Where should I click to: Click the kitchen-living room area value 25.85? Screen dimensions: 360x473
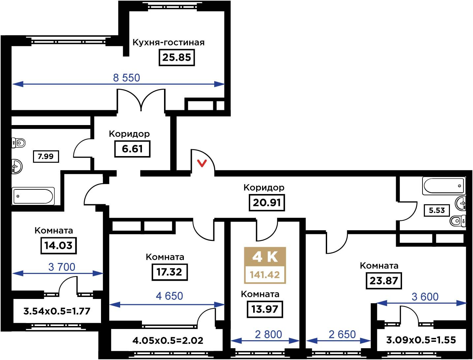click(x=177, y=57)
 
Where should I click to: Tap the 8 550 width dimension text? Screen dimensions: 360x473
click(x=126, y=78)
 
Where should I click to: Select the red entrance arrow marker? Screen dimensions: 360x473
click(x=202, y=163)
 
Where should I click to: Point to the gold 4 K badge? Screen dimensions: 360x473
click(x=265, y=256)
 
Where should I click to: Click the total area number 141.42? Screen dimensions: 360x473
click(x=265, y=275)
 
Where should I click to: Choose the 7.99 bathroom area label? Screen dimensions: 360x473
click(x=46, y=156)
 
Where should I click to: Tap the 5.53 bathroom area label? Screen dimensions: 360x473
click(x=437, y=210)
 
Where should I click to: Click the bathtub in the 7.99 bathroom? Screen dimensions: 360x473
click(x=33, y=196)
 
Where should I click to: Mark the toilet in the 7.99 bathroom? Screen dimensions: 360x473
click(x=19, y=143)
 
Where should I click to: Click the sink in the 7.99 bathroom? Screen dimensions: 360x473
click(x=17, y=167)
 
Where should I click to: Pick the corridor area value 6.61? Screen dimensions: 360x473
click(x=132, y=149)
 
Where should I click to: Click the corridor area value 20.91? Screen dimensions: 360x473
click(x=266, y=202)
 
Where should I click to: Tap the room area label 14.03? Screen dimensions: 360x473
click(x=58, y=245)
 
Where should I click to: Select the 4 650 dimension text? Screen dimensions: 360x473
click(x=169, y=296)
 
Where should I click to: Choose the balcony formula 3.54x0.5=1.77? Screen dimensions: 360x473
click(x=57, y=311)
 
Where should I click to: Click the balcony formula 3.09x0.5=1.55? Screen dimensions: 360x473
click(x=421, y=340)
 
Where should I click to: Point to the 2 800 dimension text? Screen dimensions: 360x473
click(x=268, y=335)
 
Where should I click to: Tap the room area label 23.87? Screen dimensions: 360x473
click(x=384, y=281)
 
